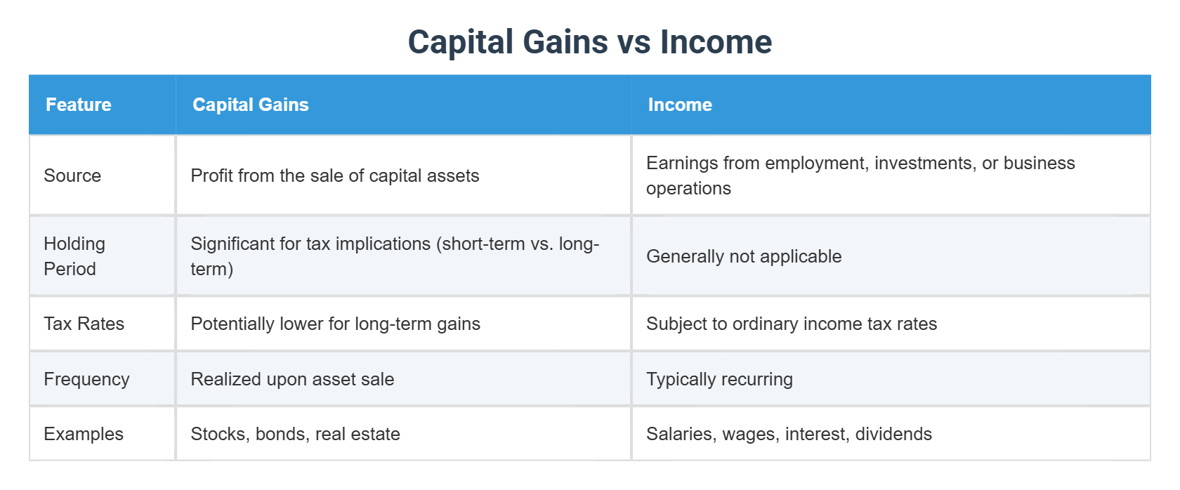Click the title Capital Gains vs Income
pos(590,42)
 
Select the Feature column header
pos(79,105)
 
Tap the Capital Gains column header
pos(251,105)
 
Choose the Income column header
pos(680,105)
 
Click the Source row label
pos(72,176)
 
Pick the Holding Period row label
pos(74,256)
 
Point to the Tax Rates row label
pos(84,324)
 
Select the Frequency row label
pos(87,379)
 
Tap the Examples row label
pos(84,434)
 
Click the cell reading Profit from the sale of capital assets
pos(335,176)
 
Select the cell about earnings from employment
pos(860,176)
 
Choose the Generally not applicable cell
pos(744,256)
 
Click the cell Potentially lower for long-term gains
pos(336,324)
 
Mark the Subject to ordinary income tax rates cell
pos(792,324)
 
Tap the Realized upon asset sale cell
pos(293,379)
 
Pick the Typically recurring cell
pos(719,379)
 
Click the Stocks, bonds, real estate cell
pos(296,434)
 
